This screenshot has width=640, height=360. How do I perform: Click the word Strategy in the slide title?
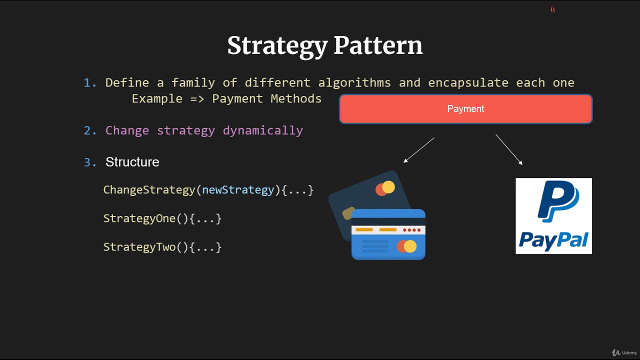click(x=277, y=45)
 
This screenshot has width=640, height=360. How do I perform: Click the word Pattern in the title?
click(x=378, y=45)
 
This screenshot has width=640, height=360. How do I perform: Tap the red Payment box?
click(x=465, y=109)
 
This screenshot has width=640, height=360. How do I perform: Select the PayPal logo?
click(x=553, y=216)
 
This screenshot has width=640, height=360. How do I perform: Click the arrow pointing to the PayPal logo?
click(x=509, y=149)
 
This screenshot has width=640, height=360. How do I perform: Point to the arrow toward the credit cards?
click(x=419, y=150)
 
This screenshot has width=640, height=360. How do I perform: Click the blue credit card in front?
click(x=388, y=235)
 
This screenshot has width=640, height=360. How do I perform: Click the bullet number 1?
click(x=90, y=83)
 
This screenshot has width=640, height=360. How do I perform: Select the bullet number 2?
click(x=90, y=131)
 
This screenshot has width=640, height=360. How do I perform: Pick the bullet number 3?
click(x=90, y=162)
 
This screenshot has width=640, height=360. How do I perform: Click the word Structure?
click(x=132, y=162)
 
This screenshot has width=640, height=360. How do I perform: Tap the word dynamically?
click(x=263, y=130)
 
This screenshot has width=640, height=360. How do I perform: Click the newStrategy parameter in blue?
click(x=238, y=190)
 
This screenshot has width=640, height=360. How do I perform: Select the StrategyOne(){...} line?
click(x=162, y=218)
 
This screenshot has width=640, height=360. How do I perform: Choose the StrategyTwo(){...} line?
click(x=162, y=247)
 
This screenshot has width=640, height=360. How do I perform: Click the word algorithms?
click(x=354, y=82)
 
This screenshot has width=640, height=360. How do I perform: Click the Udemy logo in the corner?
click(x=624, y=352)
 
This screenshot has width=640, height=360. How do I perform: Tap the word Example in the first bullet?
click(x=157, y=98)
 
